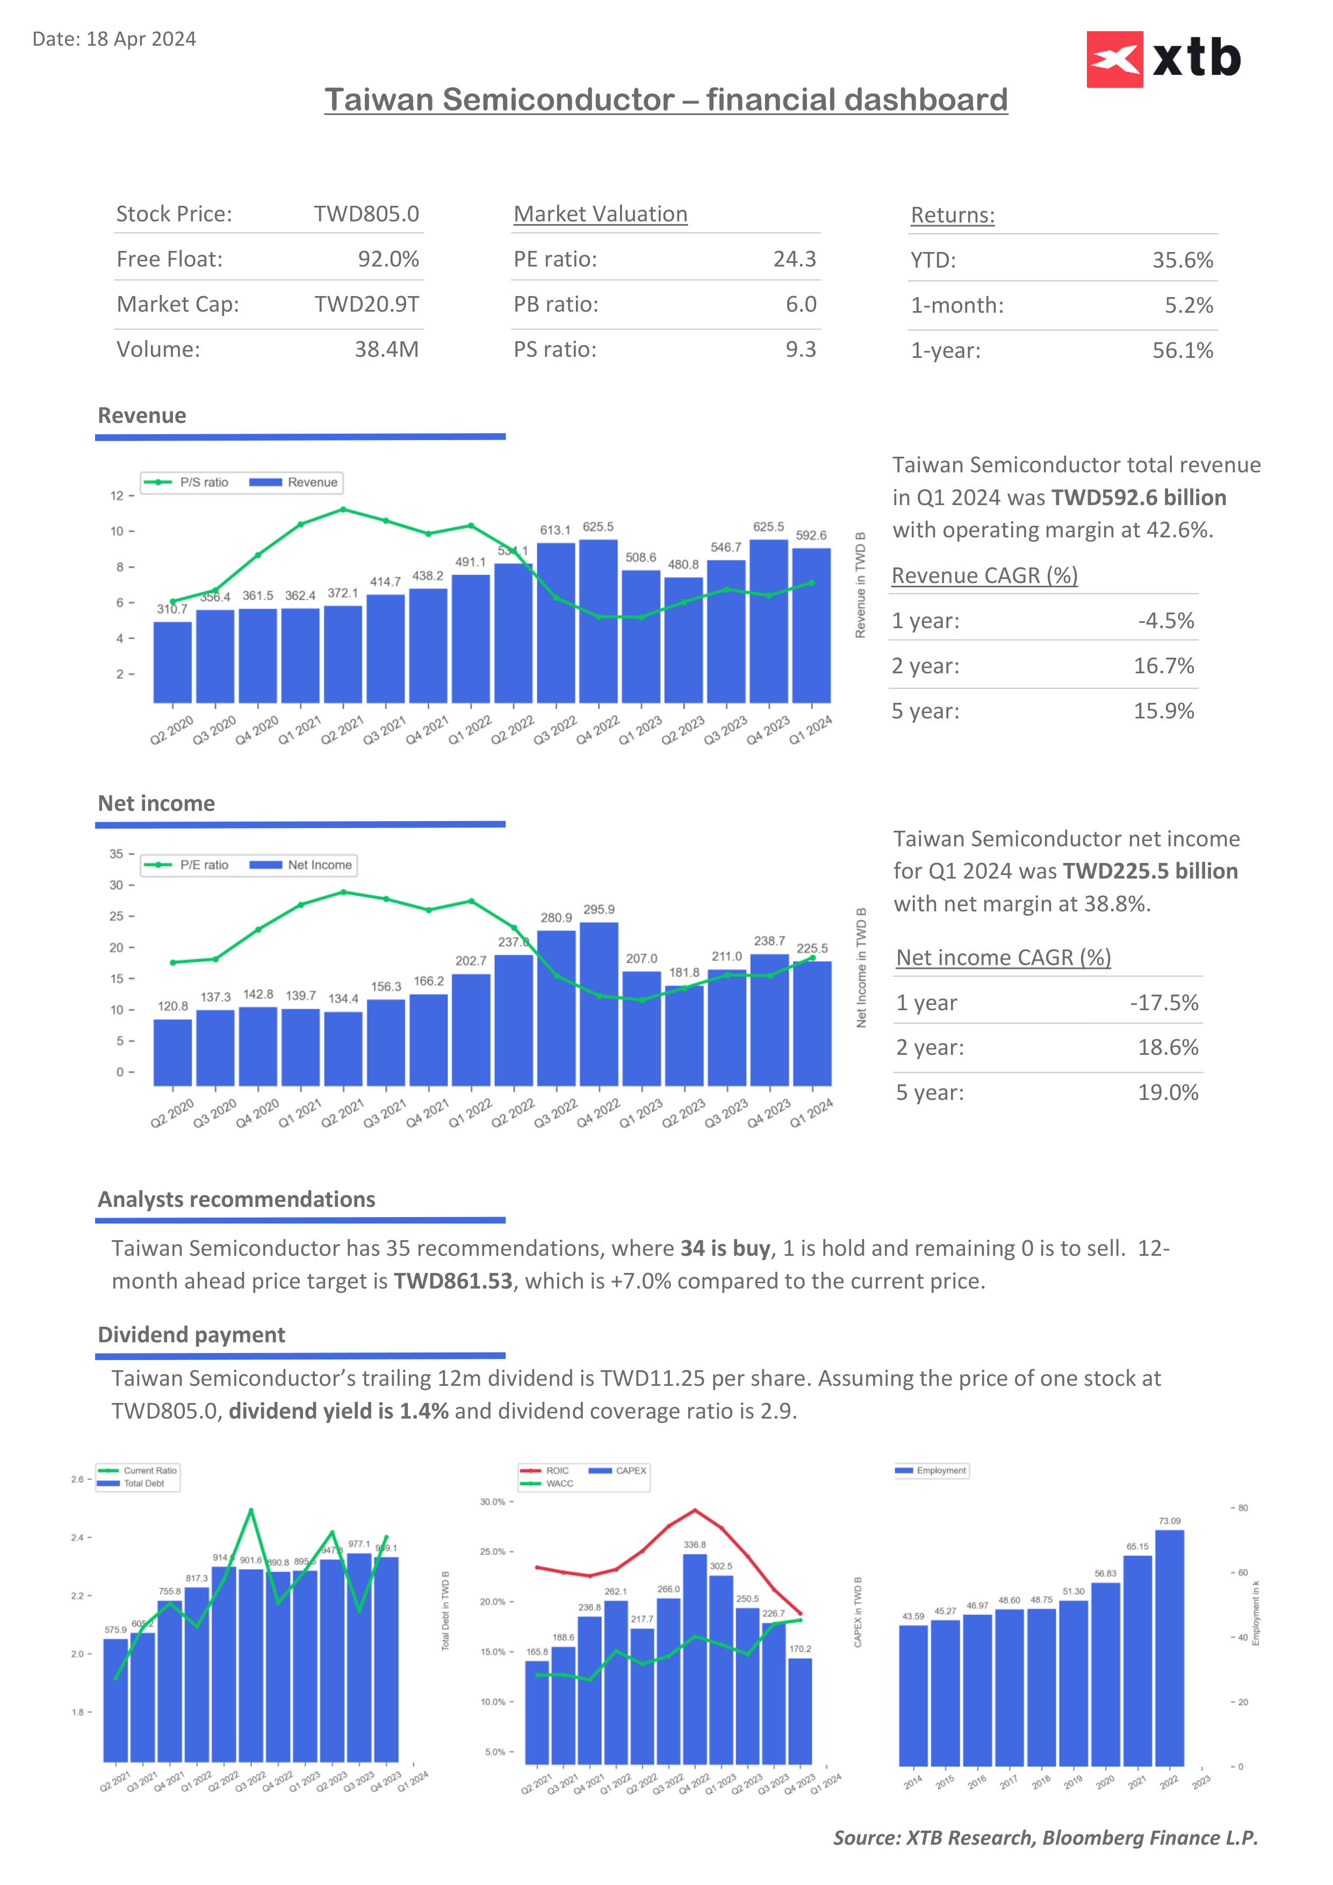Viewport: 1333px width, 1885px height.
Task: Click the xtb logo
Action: pos(1163,59)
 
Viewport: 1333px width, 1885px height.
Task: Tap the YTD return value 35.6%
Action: pos(1182,260)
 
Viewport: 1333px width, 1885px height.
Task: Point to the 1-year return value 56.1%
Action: pos(1182,350)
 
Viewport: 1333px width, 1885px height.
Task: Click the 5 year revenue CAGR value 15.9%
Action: pos(1163,711)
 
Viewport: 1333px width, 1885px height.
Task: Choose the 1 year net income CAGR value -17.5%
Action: pos(1163,1003)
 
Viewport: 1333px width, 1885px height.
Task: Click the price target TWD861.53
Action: pos(453,1282)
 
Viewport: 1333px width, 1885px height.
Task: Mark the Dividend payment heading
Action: pos(191,1335)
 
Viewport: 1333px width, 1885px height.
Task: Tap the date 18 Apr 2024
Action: pos(140,39)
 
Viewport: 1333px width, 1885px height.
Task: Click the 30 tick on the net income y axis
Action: pos(117,885)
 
